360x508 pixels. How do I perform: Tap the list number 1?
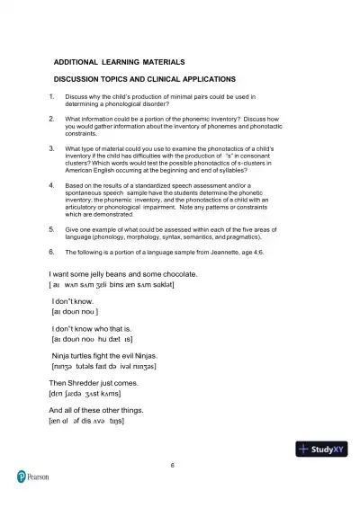tap(52, 96)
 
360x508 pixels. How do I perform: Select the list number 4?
tap(52, 184)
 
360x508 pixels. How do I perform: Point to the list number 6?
tap(52, 253)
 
